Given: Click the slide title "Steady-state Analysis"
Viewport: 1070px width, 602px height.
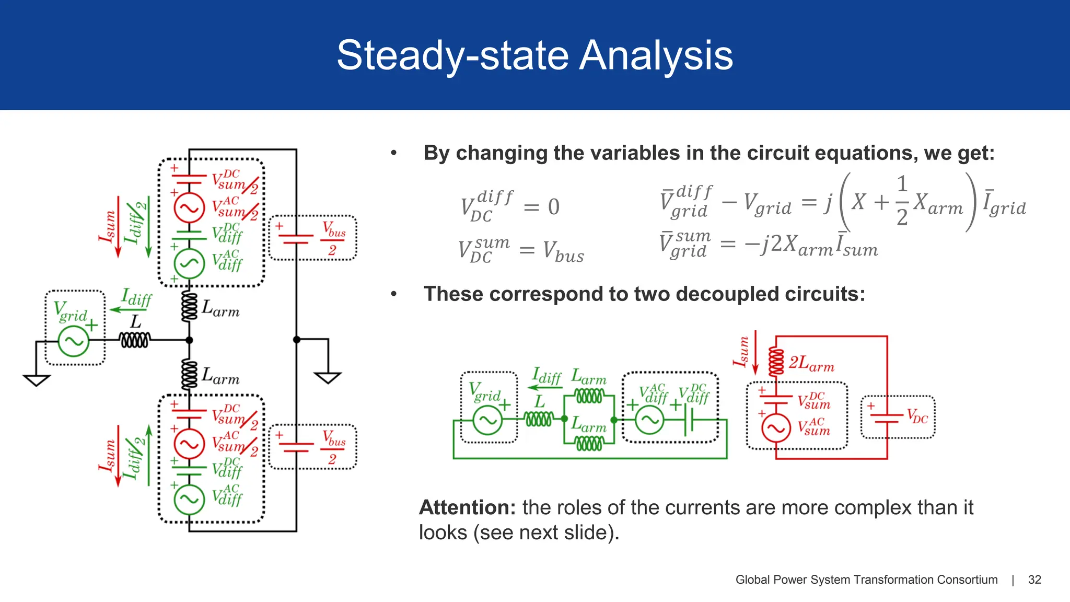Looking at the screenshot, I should [x=534, y=55].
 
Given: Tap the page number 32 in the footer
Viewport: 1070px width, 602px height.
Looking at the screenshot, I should [x=1034, y=580].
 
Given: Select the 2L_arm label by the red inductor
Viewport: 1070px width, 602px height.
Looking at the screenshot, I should [x=811, y=363].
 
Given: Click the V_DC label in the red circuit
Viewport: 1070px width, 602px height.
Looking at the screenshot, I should [x=917, y=416].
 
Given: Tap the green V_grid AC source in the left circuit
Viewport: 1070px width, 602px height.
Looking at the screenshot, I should [x=73, y=341].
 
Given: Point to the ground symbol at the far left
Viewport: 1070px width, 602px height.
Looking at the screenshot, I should [x=37, y=380].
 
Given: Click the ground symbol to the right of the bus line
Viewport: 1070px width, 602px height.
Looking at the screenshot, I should [x=328, y=377].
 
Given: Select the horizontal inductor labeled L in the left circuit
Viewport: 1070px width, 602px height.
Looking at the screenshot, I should [x=135, y=340].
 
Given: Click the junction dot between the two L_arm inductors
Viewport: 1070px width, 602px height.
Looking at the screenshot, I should [x=189, y=340].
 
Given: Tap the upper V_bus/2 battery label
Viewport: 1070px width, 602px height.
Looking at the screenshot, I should [x=333, y=238].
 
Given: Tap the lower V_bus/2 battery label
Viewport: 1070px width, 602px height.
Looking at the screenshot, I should [x=333, y=447].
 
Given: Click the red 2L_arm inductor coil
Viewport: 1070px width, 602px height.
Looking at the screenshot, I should [x=776, y=362].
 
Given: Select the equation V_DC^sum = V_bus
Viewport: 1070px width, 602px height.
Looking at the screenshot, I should [x=521, y=250].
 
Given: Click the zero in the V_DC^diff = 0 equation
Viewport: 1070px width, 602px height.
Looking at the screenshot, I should [x=554, y=207].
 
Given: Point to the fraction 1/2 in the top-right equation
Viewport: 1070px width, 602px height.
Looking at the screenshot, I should [x=902, y=201].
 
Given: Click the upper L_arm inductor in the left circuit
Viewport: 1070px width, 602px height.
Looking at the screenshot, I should [x=189, y=307].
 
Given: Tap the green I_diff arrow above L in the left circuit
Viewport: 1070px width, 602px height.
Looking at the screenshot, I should [x=121, y=310].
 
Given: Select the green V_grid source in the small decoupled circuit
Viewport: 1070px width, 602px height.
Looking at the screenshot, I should [x=487, y=420].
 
